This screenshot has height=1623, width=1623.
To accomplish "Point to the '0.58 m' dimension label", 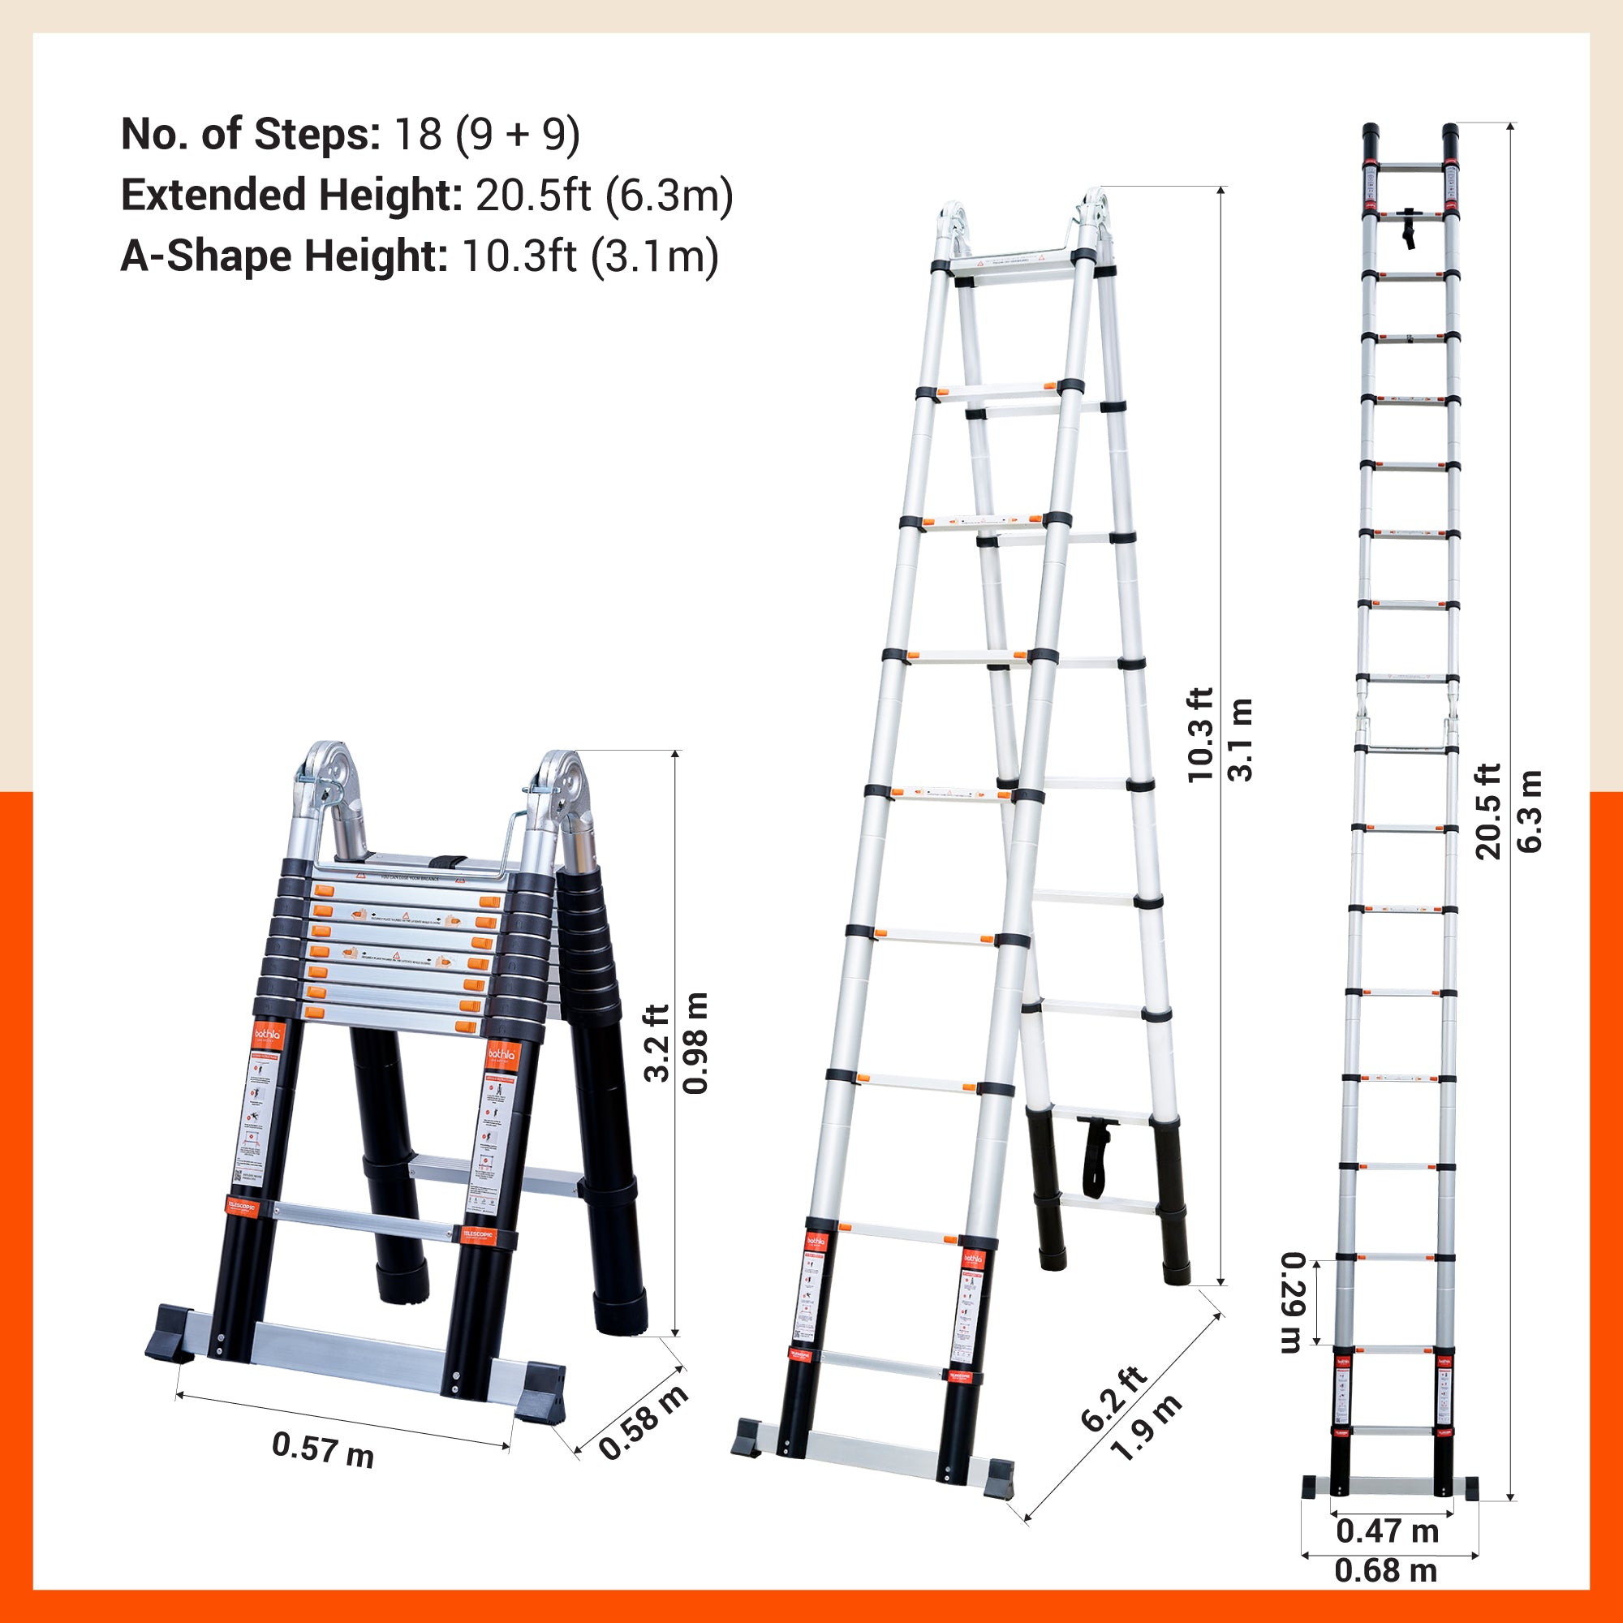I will [644, 1423].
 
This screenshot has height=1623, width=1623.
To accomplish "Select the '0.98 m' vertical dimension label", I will [696, 1043].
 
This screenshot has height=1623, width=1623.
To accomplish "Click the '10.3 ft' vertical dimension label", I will [1199, 735].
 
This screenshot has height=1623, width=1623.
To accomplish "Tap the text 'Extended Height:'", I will [291, 196].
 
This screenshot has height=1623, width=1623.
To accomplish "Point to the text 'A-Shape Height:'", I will [284, 256].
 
